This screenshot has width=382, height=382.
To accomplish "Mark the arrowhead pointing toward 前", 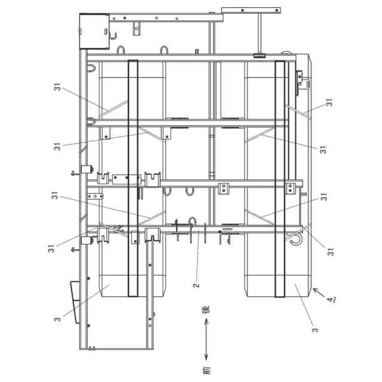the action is pos(207,356).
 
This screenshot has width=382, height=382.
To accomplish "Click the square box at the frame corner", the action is pos(94,30).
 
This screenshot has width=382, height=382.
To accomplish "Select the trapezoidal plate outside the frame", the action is pos(75,302).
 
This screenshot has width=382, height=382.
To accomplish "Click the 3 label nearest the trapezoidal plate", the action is pos(57,318).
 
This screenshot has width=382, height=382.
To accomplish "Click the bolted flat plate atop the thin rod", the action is pos(251,9).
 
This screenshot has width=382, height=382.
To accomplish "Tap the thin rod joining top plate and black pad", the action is pos(260,33).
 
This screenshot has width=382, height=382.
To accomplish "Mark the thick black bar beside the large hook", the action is pos(279,179).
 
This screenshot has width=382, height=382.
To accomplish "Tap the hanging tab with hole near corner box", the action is pos(137,27).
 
